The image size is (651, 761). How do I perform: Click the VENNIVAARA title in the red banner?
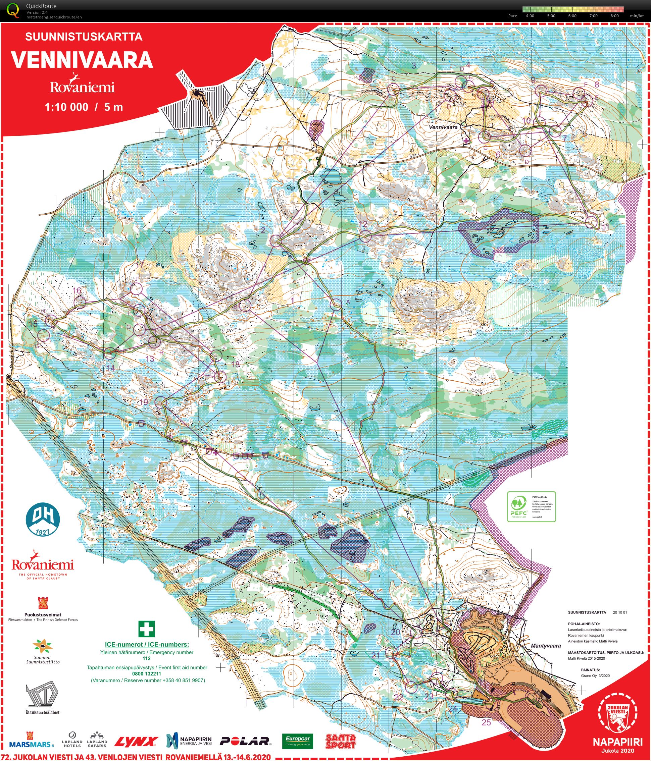(x=82, y=60)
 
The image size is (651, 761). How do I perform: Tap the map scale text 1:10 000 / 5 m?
(x=84, y=107)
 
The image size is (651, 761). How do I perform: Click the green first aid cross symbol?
(x=147, y=629)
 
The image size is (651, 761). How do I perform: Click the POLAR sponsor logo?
(x=245, y=741)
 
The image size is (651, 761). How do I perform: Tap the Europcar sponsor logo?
(x=298, y=741)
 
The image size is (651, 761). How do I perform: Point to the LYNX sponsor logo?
(x=136, y=742)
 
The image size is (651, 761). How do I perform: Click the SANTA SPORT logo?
(x=341, y=741)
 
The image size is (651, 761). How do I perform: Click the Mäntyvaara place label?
(x=546, y=646)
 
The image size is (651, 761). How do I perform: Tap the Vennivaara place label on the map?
(x=443, y=127)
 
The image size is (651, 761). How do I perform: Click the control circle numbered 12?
(x=365, y=236)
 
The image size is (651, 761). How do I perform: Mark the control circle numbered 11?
(x=591, y=222)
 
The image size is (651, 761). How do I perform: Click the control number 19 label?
(x=144, y=402)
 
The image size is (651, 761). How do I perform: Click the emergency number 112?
(x=147, y=658)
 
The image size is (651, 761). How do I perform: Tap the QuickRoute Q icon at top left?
(x=13, y=10)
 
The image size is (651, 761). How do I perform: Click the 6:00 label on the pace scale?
(x=572, y=16)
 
